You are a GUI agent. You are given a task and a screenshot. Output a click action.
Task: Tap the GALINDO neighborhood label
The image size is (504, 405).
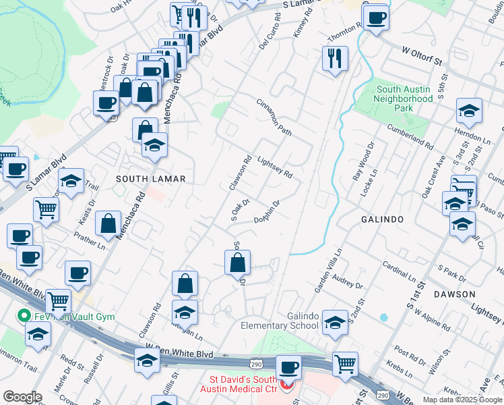381,219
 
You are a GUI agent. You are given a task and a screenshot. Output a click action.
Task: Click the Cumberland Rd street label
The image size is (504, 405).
410,136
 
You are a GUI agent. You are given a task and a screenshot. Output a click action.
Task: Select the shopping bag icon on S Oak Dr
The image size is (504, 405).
237,262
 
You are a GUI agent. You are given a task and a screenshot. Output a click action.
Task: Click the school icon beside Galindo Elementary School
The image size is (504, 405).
335,323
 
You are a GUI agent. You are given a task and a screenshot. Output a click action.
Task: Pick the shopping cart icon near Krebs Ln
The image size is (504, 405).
346,364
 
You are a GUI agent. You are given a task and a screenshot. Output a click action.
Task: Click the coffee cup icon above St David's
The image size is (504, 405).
289,368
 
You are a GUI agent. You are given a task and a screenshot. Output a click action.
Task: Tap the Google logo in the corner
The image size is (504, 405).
23,397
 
